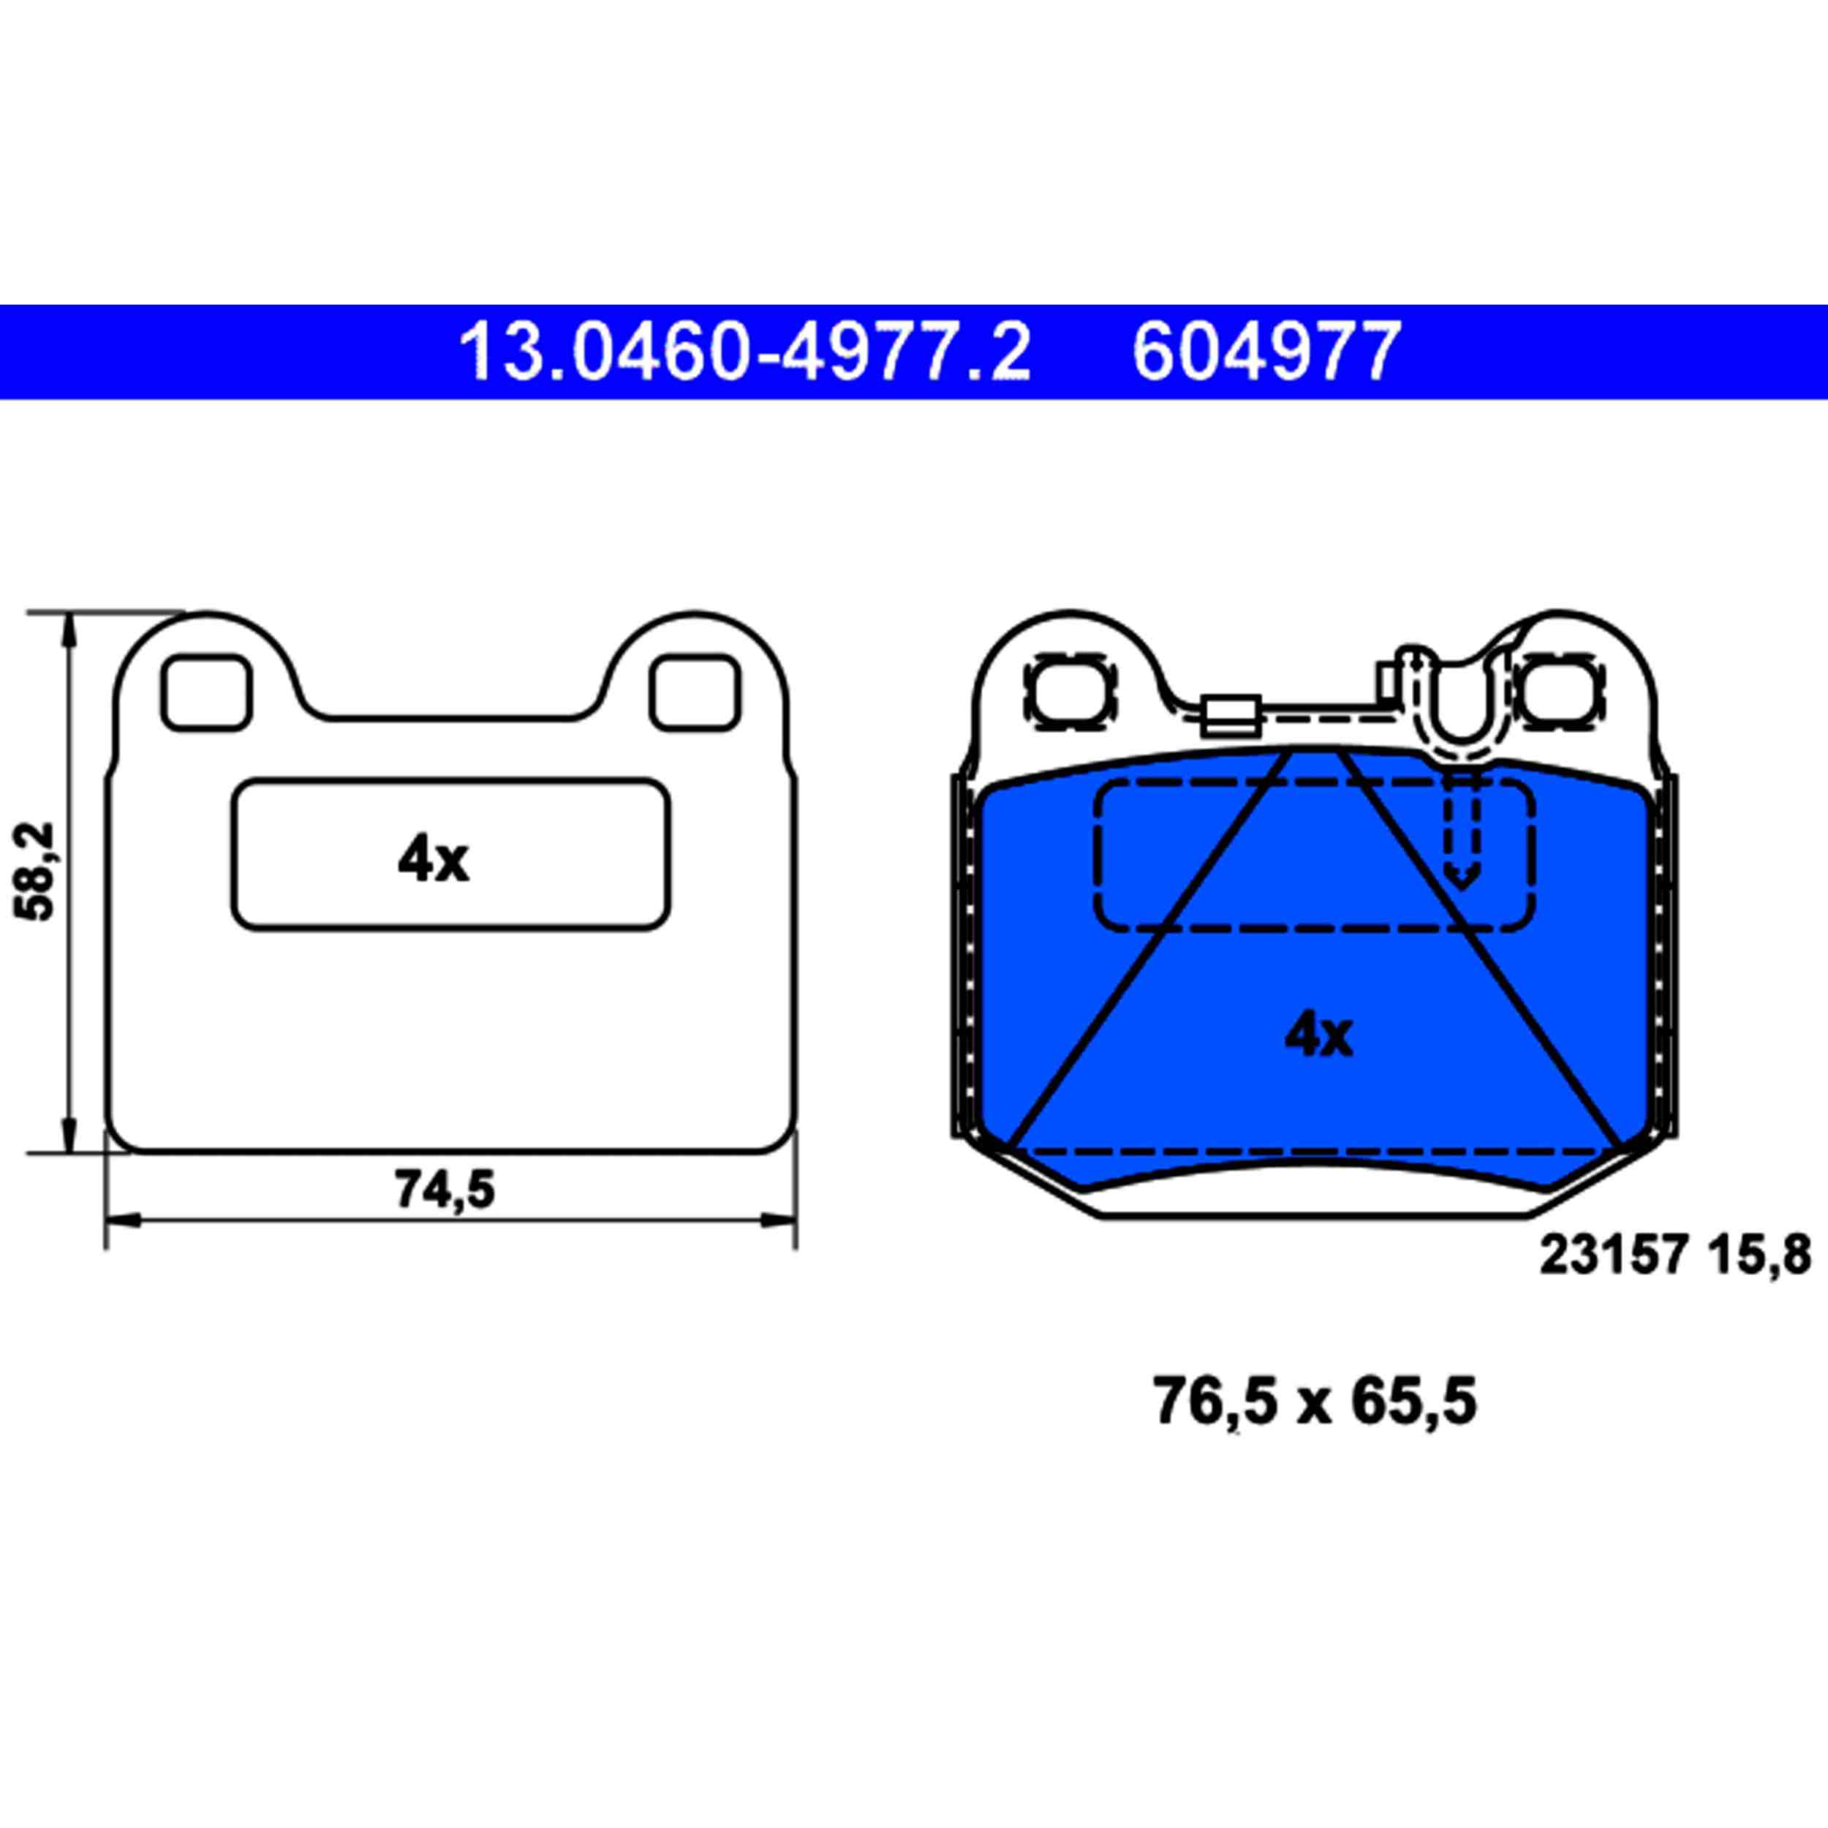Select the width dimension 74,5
point(445,1190)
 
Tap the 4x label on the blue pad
point(1318,1036)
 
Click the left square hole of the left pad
point(206,692)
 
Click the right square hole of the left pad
point(693,692)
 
